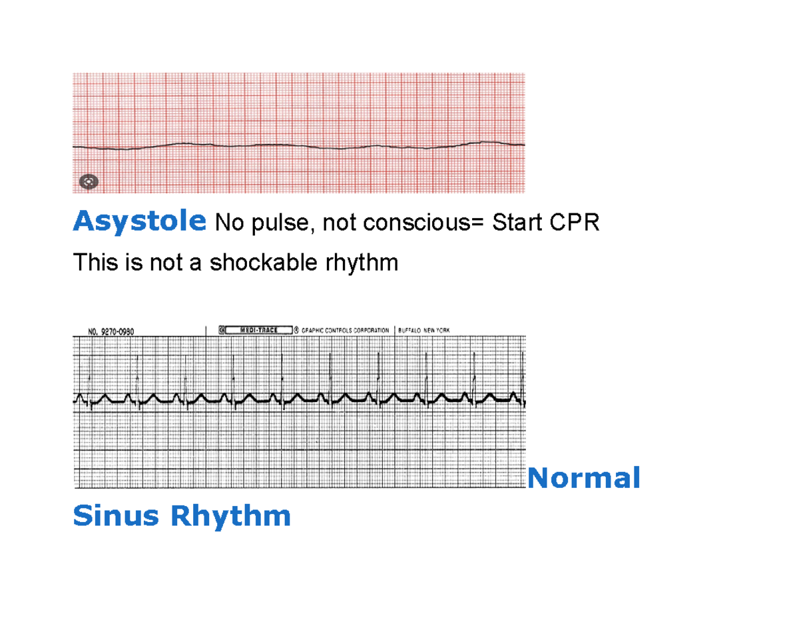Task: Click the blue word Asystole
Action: (139, 221)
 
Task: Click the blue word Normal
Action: (584, 477)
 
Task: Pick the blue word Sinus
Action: (116, 515)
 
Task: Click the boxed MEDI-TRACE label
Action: (260, 329)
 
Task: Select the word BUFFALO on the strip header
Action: (412, 330)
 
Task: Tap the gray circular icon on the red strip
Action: (89, 181)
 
